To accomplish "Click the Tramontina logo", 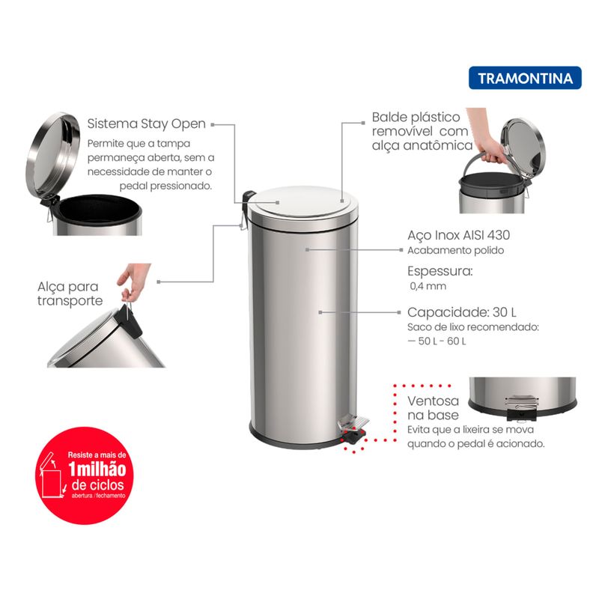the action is point(525,78).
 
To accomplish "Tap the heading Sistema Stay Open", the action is point(146,124).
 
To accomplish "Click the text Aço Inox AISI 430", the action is point(458,235).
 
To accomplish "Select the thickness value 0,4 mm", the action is point(428,286).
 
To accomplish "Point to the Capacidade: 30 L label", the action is point(462,312).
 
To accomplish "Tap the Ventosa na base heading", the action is point(434,407).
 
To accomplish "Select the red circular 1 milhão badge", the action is point(85,475).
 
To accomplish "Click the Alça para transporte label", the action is point(70,294).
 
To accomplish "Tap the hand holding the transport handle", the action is point(133,280).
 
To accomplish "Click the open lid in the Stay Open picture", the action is point(52,155).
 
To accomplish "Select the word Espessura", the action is point(440,271).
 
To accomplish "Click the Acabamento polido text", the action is point(456,250).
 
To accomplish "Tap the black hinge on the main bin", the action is point(248,198).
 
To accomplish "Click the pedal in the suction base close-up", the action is point(521,407).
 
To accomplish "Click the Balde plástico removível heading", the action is point(422,131).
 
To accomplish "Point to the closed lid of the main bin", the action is point(303,202).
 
